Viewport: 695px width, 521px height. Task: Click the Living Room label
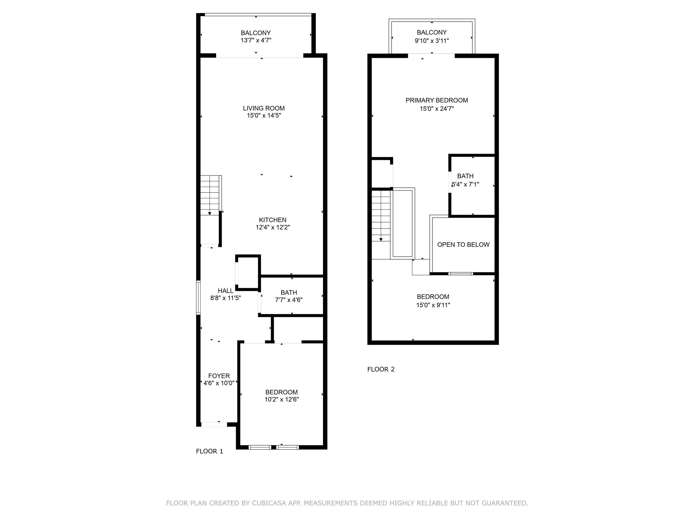(x=264, y=108)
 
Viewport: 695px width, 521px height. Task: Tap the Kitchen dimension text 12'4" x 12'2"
(x=272, y=227)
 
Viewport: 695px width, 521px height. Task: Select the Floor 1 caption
(x=209, y=451)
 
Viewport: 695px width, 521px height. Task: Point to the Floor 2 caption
(x=381, y=369)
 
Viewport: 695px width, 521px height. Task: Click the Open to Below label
(x=463, y=245)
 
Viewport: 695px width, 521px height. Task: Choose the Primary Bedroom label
(x=437, y=101)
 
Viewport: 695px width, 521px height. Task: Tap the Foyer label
(x=219, y=376)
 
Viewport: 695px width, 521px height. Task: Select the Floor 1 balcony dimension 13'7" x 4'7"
(x=256, y=40)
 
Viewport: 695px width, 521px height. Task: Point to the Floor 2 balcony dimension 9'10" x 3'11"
(x=432, y=41)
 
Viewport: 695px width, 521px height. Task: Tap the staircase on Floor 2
(x=381, y=216)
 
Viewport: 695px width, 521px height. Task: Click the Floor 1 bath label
(x=289, y=293)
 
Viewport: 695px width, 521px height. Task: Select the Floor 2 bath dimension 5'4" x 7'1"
(x=465, y=184)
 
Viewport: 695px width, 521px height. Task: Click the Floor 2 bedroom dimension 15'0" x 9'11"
(x=433, y=305)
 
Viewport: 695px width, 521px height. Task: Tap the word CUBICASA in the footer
(x=269, y=503)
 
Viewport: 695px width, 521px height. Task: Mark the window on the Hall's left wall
(x=198, y=297)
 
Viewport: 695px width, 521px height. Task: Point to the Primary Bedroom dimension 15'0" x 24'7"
(x=437, y=109)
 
